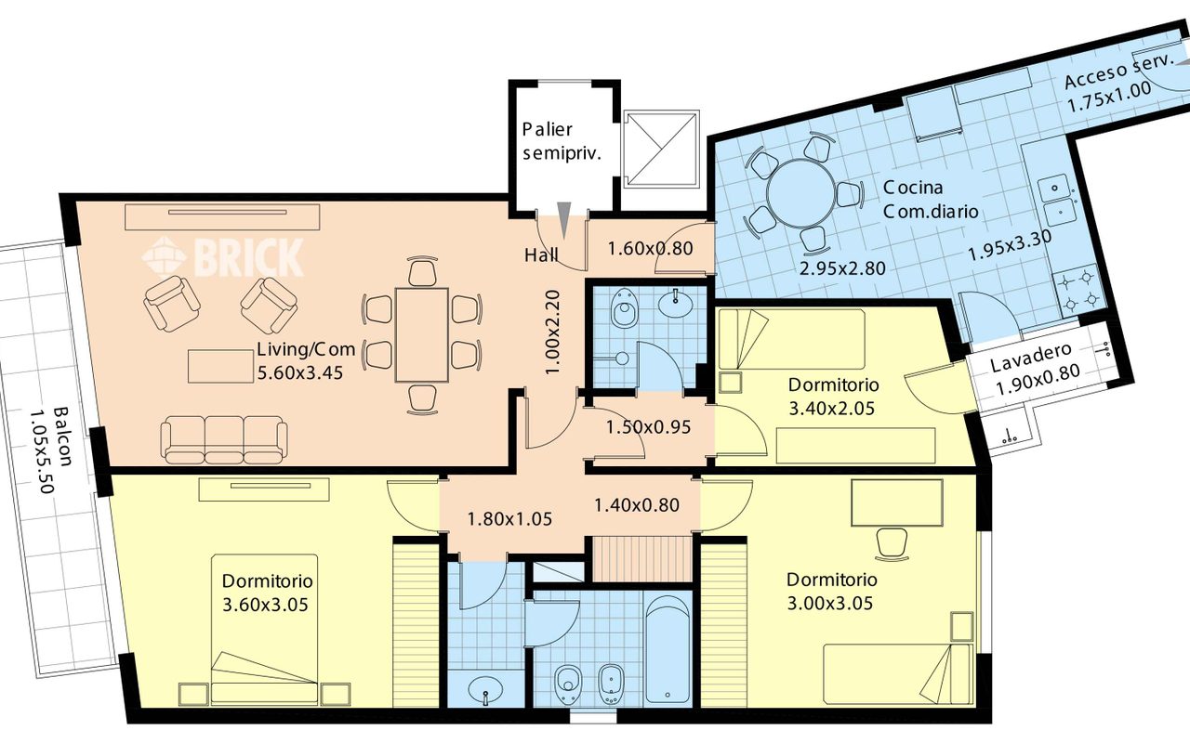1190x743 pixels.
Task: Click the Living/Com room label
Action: pyautogui.click(x=306, y=349)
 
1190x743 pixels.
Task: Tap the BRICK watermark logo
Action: pyautogui.click(x=222, y=258)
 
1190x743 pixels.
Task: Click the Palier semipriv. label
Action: pyautogui.click(x=562, y=141)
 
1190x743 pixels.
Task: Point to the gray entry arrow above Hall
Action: pyautogui.click(x=563, y=220)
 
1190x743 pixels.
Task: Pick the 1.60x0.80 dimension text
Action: pyautogui.click(x=650, y=248)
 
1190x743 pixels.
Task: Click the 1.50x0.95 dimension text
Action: pyautogui.click(x=648, y=426)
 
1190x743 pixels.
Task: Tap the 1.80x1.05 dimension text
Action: pyautogui.click(x=509, y=518)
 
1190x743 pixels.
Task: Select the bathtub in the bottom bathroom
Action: pyautogui.click(x=668, y=648)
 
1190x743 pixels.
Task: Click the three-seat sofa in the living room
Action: pyautogui.click(x=224, y=439)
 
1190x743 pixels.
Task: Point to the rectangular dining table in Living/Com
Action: pyautogui.click(x=422, y=335)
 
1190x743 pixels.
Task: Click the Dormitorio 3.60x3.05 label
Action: pyautogui.click(x=267, y=593)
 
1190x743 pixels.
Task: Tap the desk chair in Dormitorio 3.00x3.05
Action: pyautogui.click(x=892, y=543)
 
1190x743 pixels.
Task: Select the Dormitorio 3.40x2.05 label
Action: pyautogui.click(x=834, y=397)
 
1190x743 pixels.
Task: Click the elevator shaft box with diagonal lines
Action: pyautogui.click(x=661, y=150)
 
